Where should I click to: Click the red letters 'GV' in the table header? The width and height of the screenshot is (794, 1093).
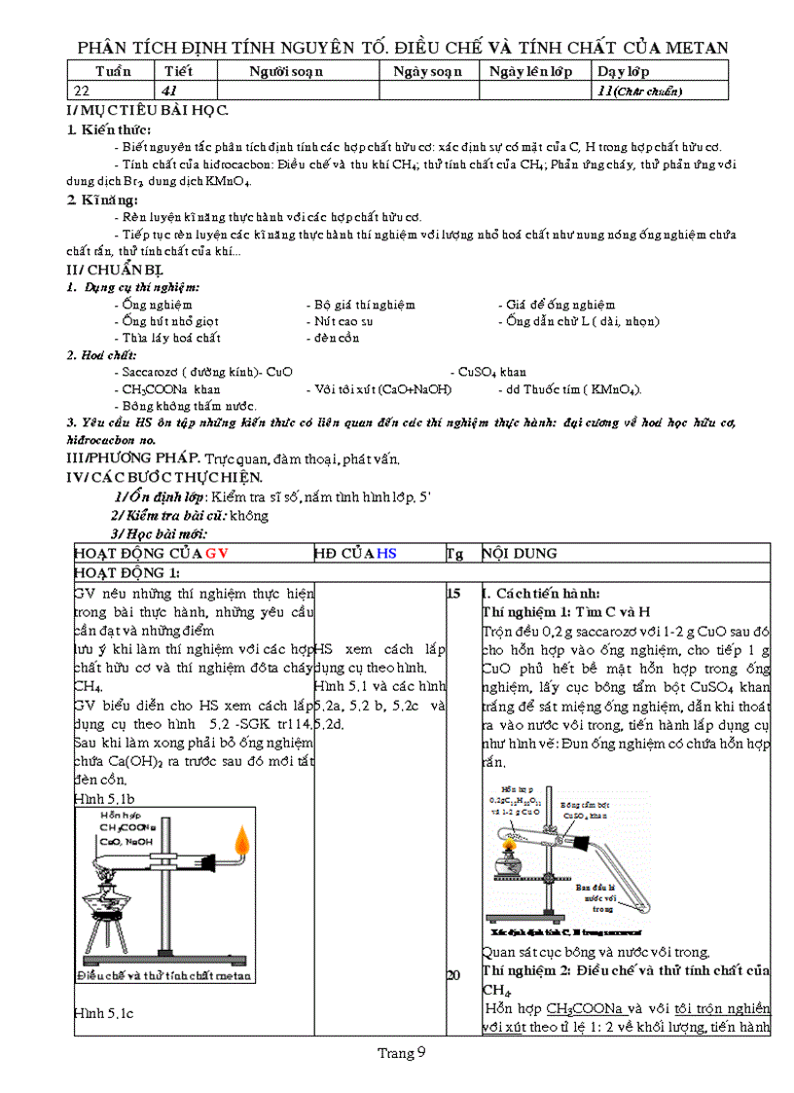215,553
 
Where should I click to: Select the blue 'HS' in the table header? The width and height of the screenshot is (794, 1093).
387,553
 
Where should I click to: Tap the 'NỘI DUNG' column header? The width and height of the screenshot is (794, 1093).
520,553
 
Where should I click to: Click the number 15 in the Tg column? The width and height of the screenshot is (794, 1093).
453,594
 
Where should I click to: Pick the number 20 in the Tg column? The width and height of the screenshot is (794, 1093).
453,975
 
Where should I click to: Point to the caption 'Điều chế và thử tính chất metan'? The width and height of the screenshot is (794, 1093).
164,975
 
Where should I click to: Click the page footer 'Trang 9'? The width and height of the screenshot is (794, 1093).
402,1052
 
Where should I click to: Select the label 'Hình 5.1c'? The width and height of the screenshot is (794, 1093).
103,1014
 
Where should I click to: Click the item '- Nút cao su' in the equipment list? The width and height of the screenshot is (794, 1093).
340,321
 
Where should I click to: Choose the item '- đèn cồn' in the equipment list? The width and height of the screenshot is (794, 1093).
333,338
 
